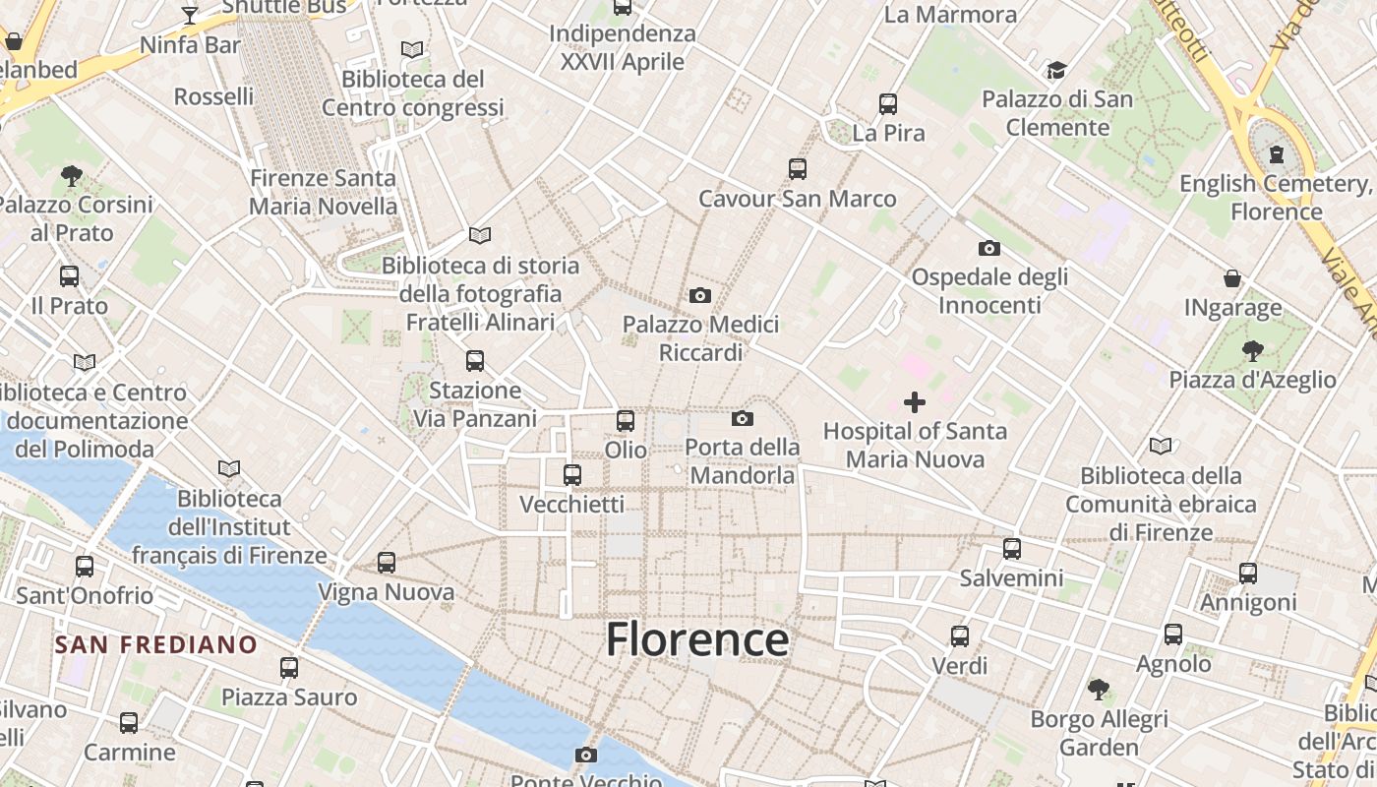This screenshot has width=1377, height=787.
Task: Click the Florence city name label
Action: pos(696,639)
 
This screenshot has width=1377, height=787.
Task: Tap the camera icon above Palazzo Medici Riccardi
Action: pos(699,295)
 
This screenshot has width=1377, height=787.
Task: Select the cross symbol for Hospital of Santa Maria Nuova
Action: pos(914,401)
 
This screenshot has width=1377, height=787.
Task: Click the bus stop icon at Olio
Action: pos(625,421)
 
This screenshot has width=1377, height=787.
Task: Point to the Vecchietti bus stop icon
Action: pos(571,475)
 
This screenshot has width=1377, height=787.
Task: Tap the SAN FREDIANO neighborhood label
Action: pos(155,645)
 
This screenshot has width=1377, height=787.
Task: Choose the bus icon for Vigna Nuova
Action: pos(387,563)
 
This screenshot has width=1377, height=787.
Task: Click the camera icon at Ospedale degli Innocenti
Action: pos(988,248)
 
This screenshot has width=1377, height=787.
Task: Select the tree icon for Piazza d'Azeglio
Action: pos(1252,350)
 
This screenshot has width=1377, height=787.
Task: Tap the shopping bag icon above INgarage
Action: pos(1232,278)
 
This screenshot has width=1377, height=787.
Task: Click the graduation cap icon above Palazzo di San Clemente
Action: pos(1056,70)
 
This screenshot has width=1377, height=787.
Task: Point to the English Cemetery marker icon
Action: pos(1276,154)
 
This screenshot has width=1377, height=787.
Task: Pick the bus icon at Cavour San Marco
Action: pos(797,169)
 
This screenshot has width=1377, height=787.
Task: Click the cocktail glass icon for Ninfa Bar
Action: pos(190,16)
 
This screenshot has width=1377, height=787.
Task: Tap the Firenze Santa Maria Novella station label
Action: pos(323,192)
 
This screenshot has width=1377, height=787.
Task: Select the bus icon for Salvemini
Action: pos(1011,549)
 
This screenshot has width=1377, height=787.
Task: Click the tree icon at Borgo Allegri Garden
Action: pos(1099,690)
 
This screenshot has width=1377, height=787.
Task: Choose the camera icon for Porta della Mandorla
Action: pos(743,419)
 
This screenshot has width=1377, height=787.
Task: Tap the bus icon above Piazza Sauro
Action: pos(288,668)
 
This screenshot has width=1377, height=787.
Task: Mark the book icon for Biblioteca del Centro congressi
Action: pos(412,49)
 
